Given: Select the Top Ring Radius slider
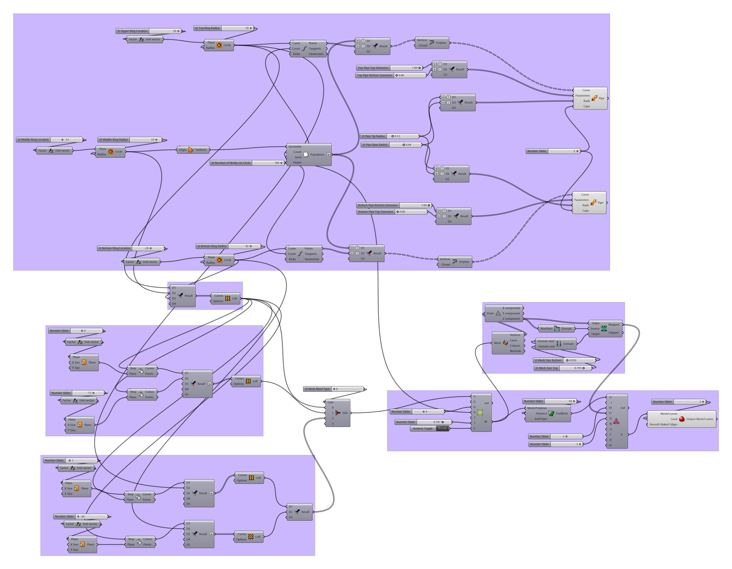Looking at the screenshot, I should (x=224, y=28).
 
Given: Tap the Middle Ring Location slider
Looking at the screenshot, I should (x=49, y=140).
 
